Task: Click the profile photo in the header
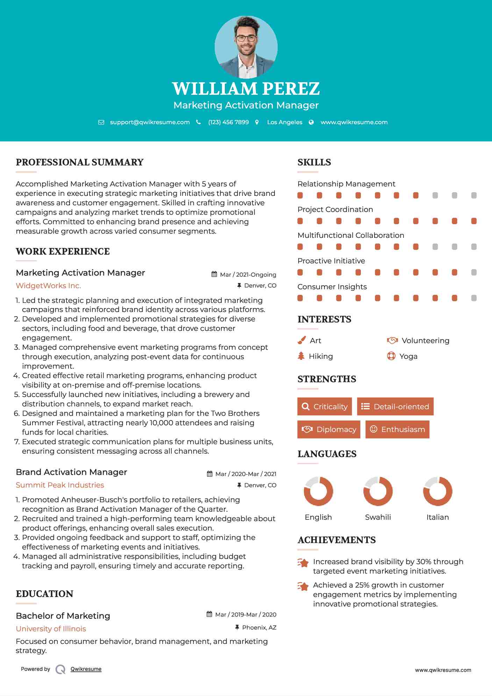(246, 47)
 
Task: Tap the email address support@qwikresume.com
(150, 122)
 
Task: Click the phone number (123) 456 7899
(228, 122)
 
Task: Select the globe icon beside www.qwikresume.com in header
(311, 122)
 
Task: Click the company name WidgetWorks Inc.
(48, 286)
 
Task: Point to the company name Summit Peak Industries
(60, 485)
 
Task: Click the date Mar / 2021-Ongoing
(248, 275)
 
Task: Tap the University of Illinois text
(51, 629)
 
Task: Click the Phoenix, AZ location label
(259, 627)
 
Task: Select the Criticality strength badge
(325, 406)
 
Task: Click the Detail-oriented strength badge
(395, 406)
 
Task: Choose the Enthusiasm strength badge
(397, 429)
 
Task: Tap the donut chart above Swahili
(378, 491)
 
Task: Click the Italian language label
(437, 517)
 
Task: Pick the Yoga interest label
(408, 356)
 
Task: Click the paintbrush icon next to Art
(301, 340)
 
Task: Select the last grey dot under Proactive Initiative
(474, 272)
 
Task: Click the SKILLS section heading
(314, 162)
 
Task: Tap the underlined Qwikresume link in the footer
(86, 669)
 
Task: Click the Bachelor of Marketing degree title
(63, 616)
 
